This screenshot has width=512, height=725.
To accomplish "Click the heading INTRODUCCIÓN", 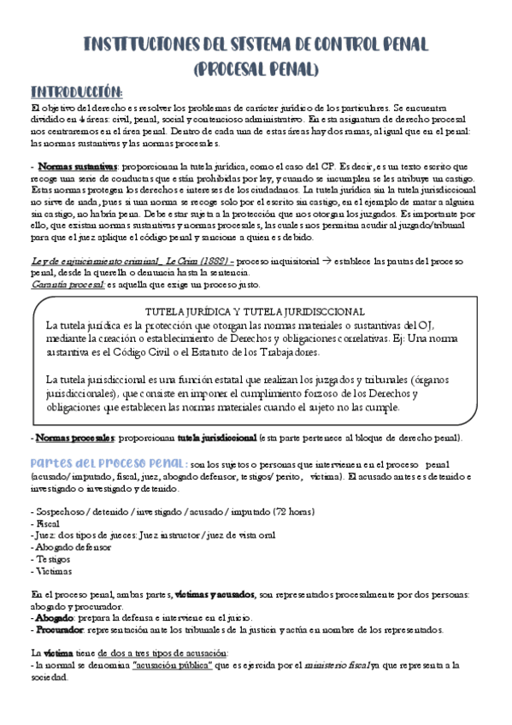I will (77, 91).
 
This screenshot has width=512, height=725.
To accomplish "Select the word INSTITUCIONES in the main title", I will (143, 45).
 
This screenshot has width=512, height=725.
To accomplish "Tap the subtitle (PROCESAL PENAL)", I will (256, 68).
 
